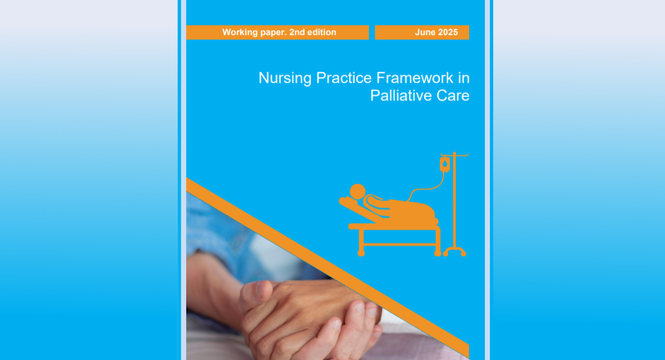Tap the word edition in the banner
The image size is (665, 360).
click(321, 32)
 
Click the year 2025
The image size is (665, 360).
click(448, 32)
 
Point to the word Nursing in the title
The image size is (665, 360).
click(285, 79)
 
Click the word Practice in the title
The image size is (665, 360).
click(344, 78)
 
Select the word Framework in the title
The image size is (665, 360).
click(415, 78)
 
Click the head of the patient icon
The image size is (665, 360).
click(357, 192)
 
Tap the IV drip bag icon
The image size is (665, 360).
click(444, 164)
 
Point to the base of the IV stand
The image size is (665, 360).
click(454, 251)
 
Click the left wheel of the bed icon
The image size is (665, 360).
click(361, 253)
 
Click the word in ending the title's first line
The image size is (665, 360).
click(464, 78)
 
